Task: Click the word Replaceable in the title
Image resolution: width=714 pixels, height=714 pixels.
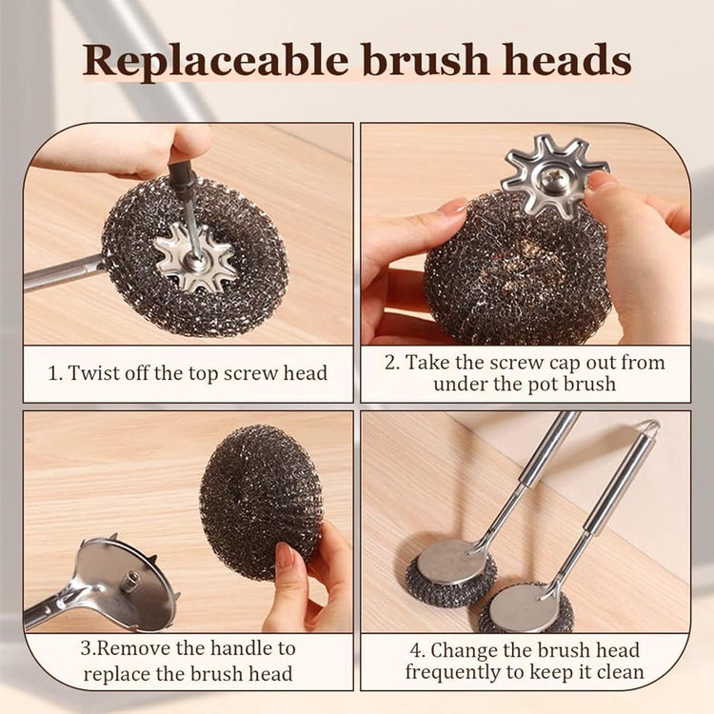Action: (x=215, y=61)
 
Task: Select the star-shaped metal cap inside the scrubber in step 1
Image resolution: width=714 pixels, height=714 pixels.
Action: (x=195, y=257)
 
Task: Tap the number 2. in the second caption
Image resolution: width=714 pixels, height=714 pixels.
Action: (x=391, y=363)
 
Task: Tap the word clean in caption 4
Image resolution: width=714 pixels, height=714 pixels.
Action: (x=620, y=672)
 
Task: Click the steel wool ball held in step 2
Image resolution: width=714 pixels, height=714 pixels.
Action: (x=517, y=268)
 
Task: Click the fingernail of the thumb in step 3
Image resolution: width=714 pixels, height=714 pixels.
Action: (x=285, y=556)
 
